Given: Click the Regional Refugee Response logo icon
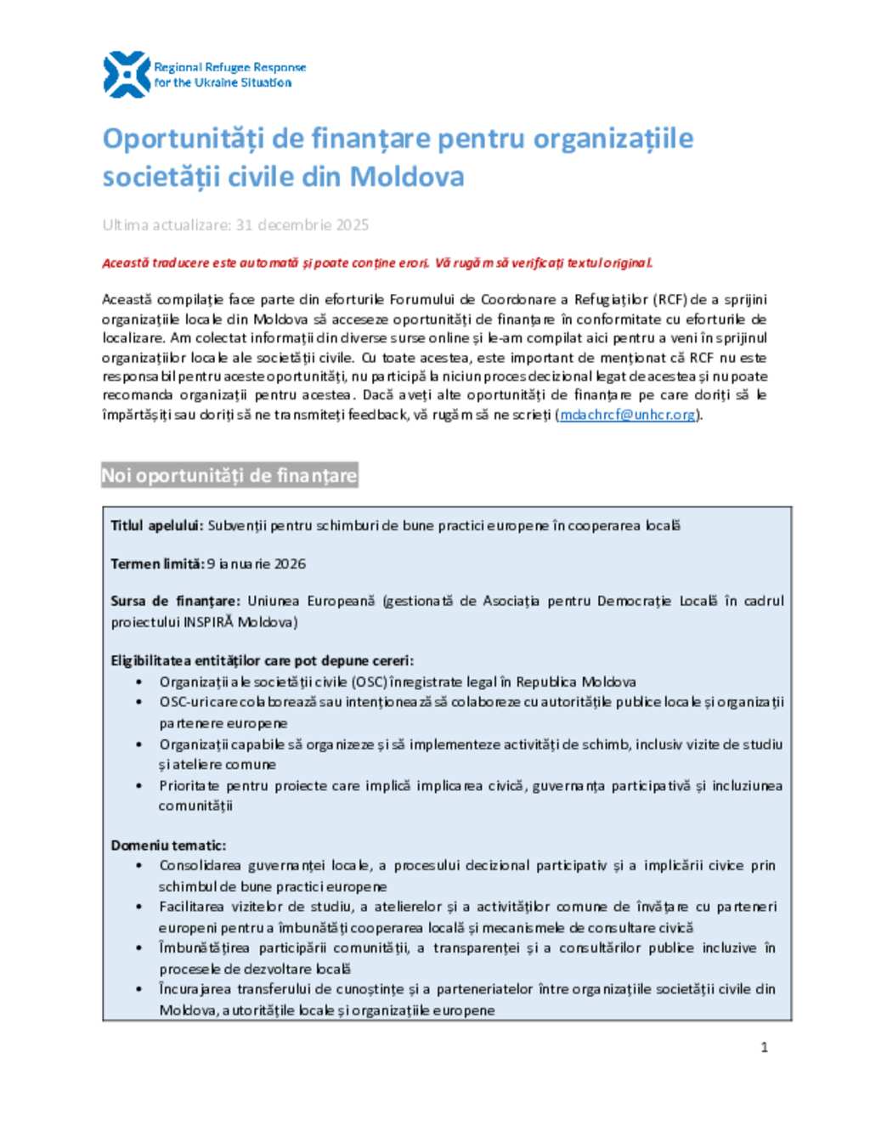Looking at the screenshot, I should coord(126,75).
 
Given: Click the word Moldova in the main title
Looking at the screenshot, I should coord(407,177).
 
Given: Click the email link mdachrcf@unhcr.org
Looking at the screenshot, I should coord(627,415).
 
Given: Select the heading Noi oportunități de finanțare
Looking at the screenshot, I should coord(229,475).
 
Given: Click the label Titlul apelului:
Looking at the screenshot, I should coord(157,526).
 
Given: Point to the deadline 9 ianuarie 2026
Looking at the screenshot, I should coord(257,563).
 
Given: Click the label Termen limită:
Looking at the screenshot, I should coord(157,563).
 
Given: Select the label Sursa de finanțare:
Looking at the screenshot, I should coord(175,601).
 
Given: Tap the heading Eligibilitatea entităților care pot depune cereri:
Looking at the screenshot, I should coord(263,660).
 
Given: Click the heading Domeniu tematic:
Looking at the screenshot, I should coord(168,846).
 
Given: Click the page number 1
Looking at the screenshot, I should coord(764,1047).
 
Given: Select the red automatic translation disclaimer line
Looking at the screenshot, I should coord(377,263).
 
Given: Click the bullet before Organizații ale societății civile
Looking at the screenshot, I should coord(138,682).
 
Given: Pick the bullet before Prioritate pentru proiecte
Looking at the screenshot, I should coord(138,786).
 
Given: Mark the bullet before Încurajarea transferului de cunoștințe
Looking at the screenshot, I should coord(138,989).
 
